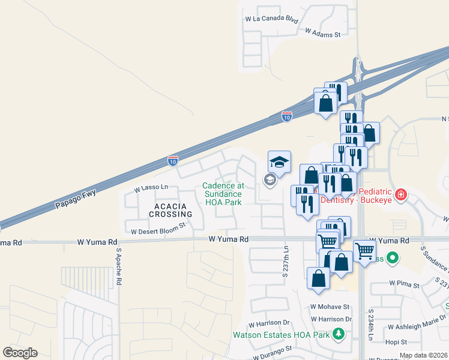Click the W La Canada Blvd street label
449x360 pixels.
pyautogui.click(x=271, y=19)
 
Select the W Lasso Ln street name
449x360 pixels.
pyautogui.click(x=151, y=188)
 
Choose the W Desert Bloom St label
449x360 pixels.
pyautogui.click(x=158, y=231)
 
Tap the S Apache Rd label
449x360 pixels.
pyautogui.click(x=119, y=266)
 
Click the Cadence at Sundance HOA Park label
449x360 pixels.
pyautogui.click(x=222, y=194)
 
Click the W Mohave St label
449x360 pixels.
pyautogui.click(x=330, y=307)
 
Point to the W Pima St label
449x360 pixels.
pyautogui.click(x=403, y=282)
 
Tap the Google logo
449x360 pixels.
pyautogui.click(x=20, y=353)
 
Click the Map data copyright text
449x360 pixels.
pyautogui.click(x=424, y=355)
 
